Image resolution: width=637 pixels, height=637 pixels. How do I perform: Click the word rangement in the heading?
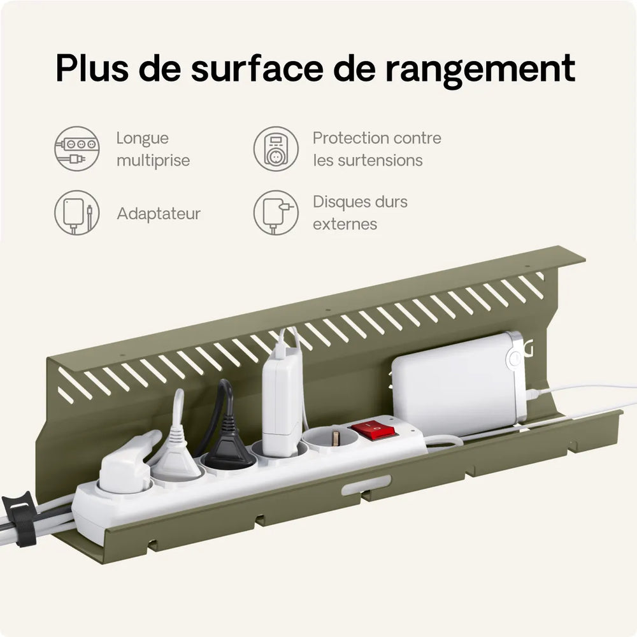(x=480, y=68)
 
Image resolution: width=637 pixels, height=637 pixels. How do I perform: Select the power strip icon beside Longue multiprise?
(x=77, y=148)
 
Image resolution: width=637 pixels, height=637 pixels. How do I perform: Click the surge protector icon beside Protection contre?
(x=276, y=148)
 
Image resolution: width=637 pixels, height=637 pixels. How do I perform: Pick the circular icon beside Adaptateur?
(x=77, y=213)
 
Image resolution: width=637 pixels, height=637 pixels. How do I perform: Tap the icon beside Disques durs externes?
(x=276, y=213)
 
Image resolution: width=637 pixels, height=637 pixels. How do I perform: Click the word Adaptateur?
(x=159, y=213)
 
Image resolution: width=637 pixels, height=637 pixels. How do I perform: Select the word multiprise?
(x=153, y=161)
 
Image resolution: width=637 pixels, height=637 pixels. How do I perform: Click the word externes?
(x=345, y=224)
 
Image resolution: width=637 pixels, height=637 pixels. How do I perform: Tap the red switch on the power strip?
(x=373, y=430)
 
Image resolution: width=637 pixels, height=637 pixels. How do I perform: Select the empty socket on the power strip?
(x=331, y=438)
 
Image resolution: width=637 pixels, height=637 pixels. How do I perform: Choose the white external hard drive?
(x=459, y=385)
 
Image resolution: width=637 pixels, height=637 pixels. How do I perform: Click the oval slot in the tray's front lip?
(x=366, y=485)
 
